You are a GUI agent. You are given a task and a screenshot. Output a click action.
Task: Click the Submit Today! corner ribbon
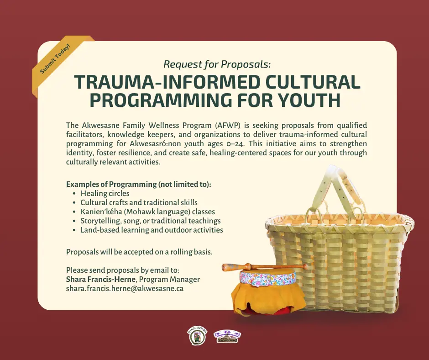[x=56, y=58]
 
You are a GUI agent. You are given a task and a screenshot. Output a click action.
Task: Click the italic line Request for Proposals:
[x=217, y=64]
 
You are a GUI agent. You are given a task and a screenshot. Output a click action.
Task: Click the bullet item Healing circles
[x=105, y=193]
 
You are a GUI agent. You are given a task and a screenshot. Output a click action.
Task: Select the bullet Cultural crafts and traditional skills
[x=139, y=202]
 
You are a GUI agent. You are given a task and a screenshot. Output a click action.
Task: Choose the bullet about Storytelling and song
[x=150, y=221]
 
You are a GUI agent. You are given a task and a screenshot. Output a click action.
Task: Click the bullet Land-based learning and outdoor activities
[x=152, y=230]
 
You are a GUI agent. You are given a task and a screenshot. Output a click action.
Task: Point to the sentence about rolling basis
[x=139, y=252]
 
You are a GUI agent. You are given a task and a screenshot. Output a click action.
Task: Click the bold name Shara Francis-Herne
[x=101, y=279]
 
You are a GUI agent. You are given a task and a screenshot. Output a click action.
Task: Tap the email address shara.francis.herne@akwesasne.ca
[x=125, y=288]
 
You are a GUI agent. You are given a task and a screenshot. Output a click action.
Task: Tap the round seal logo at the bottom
[x=197, y=336]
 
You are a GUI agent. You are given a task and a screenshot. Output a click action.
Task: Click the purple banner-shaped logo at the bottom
[x=227, y=336]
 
